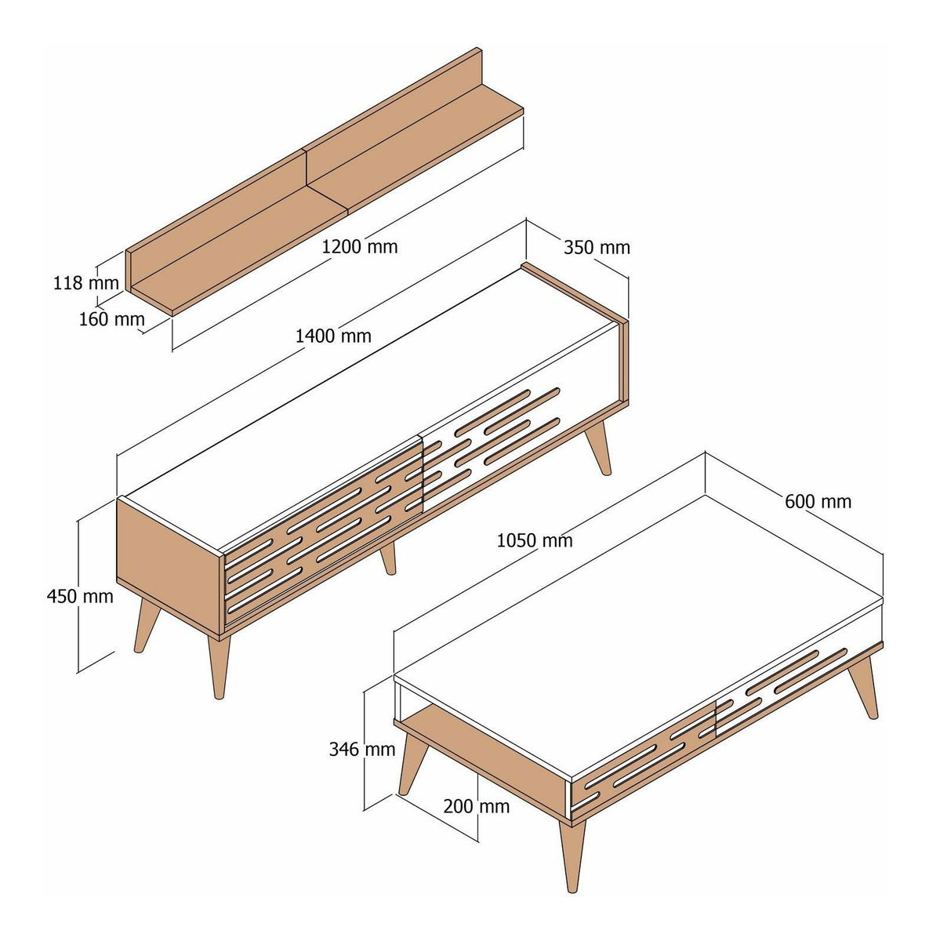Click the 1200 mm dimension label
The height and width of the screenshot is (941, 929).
pyautogui.click(x=360, y=246)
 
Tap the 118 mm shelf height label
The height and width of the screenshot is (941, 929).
pyautogui.click(x=85, y=283)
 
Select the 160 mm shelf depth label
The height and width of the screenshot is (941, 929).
pyautogui.click(x=112, y=319)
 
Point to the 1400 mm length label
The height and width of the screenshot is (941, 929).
pyautogui.click(x=333, y=336)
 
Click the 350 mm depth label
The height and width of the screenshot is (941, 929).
pyautogui.click(x=597, y=248)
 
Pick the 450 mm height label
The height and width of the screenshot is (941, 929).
pyautogui.click(x=80, y=596)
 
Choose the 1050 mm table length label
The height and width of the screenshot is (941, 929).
pyautogui.click(x=535, y=540)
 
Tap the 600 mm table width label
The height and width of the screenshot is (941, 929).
pyautogui.click(x=818, y=502)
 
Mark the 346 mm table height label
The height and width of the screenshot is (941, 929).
pyautogui.click(x=362, y=749)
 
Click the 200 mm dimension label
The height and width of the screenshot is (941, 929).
pyautogui.click(x=476, y=806)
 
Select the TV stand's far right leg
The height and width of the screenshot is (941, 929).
pyautogui.click(x=599, y=447)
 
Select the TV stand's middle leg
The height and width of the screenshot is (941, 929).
pyautogui.click(x=388, y=559)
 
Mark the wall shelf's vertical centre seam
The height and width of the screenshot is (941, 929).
pyautogui.click(x=307, y=167)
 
